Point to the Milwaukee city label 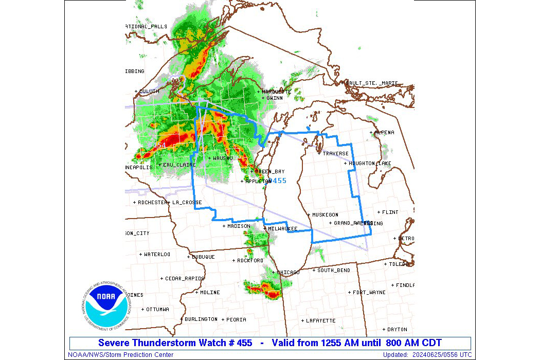(282, 228)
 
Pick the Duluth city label (149, 92)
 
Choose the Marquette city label (277, 92)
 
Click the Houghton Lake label (370, 164)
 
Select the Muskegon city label (325, 214)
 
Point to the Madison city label (239, 226)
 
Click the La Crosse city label (187, 203)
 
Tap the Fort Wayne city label (369, 293)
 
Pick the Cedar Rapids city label (185, 279)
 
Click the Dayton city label (397, 330)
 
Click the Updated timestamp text (427, 355)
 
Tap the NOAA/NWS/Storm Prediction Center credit (121, 355)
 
